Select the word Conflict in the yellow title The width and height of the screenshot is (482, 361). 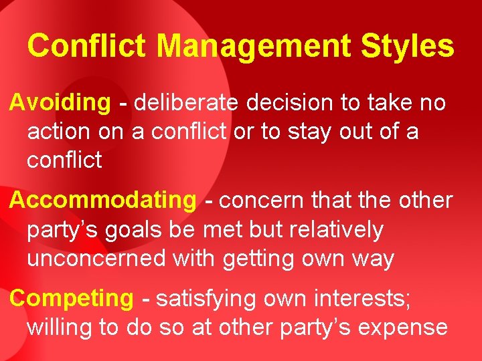[87, 47]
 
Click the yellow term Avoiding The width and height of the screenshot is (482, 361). [60, 103]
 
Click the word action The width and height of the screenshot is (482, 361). [59, 132]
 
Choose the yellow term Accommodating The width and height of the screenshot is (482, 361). [102, 201]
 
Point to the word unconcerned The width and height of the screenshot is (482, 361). [96, 258]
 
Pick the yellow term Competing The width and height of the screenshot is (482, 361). [72, 299]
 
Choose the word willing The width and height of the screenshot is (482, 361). [58, 328]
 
